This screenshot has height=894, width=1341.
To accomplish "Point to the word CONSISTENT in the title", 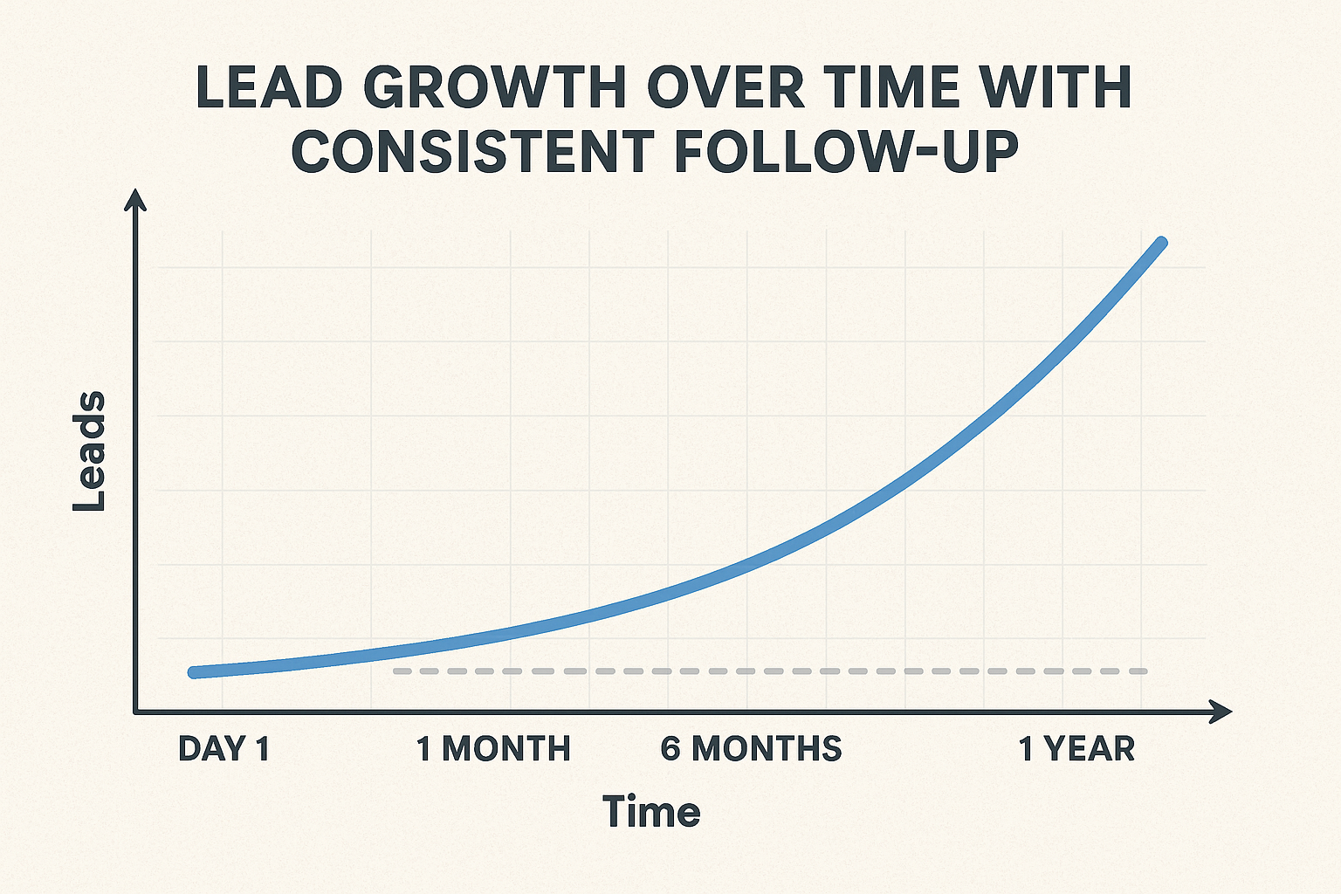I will pos(472,150).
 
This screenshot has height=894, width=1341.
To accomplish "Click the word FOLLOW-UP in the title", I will pos(847,150).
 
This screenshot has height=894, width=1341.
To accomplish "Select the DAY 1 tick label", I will pos(223,749).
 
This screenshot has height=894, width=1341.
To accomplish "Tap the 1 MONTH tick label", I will pos(493,749).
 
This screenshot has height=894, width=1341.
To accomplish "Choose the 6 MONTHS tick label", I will pos(751,749).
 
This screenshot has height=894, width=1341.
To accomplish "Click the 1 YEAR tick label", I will pos(1077,749).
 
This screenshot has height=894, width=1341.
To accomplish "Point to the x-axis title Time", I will pos(651,812).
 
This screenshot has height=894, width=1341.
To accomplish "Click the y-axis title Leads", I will pos(89,451).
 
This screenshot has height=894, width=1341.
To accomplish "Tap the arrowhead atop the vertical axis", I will pos(135,200).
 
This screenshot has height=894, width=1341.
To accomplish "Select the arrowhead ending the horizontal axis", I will pos(1221,712).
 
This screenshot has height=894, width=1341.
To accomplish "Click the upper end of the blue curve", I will pos(1161,243).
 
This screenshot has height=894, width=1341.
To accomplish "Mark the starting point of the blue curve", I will pos(195,671).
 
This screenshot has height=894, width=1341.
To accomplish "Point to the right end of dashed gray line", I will pos(1145,671).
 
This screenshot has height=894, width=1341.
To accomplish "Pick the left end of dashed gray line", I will pos(395,671).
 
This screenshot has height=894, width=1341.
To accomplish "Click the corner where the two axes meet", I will pos(135,712).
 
